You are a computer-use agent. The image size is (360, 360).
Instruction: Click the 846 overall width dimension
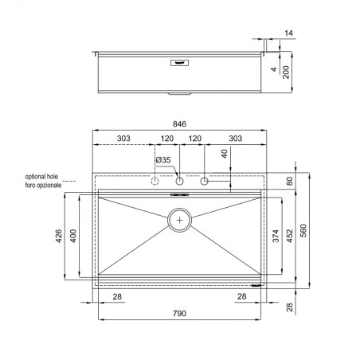[x=179, y=124]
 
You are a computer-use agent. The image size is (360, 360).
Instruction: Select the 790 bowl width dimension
[x=179, y=313]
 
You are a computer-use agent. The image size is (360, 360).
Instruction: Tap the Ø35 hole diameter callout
[x=163, y=160]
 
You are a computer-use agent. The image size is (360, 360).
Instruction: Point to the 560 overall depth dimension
[x=303, y=230]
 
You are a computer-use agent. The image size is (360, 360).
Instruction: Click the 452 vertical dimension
[x=289, y=236]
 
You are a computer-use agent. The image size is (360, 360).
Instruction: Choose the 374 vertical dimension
[x=276, y=236]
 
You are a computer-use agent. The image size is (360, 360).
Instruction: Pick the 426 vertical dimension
[x=59, y=236]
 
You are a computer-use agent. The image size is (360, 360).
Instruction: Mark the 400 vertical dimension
[x=73, y=236]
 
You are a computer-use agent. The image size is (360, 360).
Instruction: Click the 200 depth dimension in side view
[x=286, y=72]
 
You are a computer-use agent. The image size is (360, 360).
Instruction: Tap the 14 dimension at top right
[x=288, y=33]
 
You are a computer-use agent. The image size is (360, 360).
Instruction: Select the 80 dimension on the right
[x=290, y=181]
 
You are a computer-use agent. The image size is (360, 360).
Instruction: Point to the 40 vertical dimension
[x=225, y=154]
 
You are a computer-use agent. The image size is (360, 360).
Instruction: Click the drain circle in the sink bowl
[x=179, y=220]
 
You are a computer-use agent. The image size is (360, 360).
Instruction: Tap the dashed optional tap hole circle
[x=155, y=181]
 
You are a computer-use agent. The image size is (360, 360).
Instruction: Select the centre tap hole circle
[x=180, y=181]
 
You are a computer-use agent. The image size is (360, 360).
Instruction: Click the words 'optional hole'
[x=41, y=177]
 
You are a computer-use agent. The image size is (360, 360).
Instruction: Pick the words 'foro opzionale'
[x=43, y=185]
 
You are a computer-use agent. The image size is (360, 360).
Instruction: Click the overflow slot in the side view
[x=179, y=63]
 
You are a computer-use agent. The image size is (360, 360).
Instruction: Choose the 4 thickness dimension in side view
[x=274, y=69]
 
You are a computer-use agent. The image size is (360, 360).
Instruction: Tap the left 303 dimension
[x=123, y=139]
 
